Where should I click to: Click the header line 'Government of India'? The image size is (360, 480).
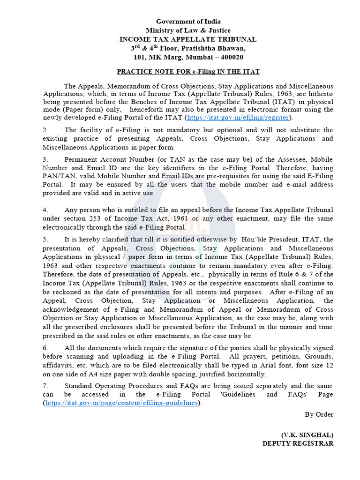tap(188, 22)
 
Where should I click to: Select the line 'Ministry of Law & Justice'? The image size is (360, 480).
tap(188, 30)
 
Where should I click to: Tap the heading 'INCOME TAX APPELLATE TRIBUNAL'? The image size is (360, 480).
tap(188, 39)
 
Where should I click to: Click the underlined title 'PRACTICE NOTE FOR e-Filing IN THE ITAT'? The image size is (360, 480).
tap(188, 72)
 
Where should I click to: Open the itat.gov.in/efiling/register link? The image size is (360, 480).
tap(239, 118)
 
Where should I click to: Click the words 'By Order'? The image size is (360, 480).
tap(319, 414)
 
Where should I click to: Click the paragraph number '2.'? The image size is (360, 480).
tap(45, 130)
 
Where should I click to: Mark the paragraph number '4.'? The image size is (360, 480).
tap(45, 210)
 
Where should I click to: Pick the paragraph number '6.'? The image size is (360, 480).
tap(45, 348)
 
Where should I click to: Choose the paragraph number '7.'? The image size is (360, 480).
tap(45, 386)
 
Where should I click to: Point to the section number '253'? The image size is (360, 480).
tap(95, 219)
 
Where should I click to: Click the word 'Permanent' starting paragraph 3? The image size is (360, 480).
tap(80, 159)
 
